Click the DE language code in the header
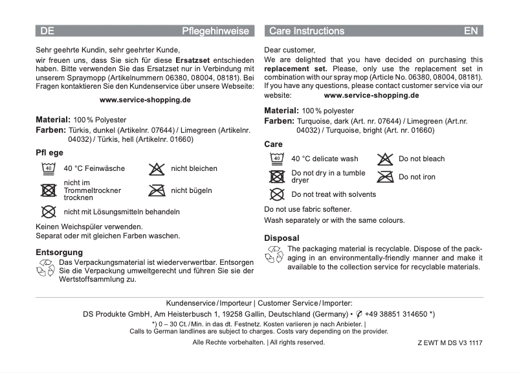(47, 31)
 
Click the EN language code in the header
(471, 31)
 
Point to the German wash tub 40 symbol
(48, 168)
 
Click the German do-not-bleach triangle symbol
(156, 168)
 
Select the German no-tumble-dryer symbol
(48, 190)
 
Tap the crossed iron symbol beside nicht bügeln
(156, 190)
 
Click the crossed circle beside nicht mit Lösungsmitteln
(48, 212)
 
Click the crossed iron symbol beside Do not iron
(385, 177)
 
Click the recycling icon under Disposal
(274, 254)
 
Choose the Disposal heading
(282, 238)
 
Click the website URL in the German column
(145, 100)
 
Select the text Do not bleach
(421, 159)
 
